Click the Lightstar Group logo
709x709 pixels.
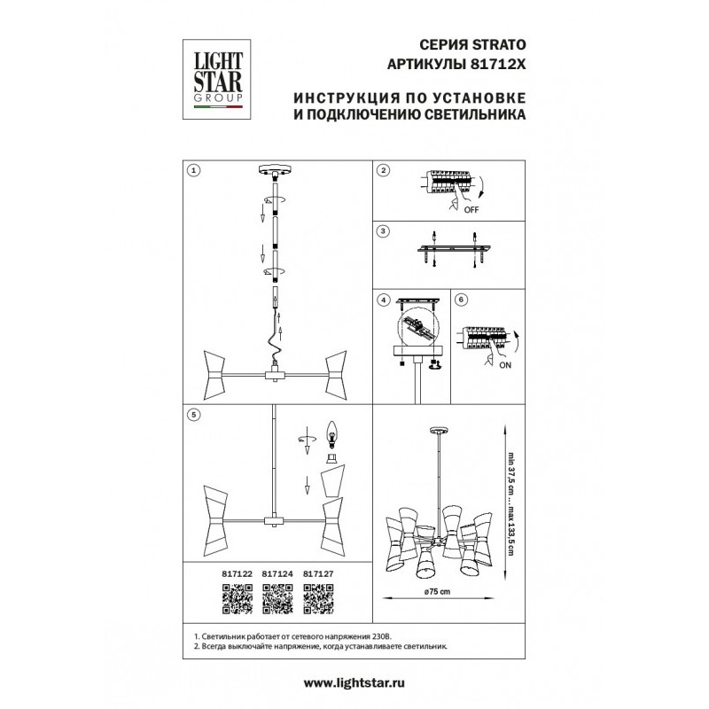(216, 79)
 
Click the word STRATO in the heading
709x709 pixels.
(499, 45)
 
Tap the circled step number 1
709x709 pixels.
(193, 170)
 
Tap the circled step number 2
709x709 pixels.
(384, 170)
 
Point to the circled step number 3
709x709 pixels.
(383, 231)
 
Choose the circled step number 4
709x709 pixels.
(384, 300)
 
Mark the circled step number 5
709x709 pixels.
(193, 414)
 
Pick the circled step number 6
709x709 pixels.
(461, 300)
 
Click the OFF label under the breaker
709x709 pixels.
(471, 210)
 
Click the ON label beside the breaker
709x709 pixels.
(505, 365)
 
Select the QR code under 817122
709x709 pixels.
(237, 599)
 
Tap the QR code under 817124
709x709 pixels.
(277, 599)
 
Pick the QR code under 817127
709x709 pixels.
(318, 599)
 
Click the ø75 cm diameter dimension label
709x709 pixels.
(437, 591)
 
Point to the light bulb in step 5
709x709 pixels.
(332, 434)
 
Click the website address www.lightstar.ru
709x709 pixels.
(354, 682)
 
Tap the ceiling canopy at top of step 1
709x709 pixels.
(275, 170)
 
